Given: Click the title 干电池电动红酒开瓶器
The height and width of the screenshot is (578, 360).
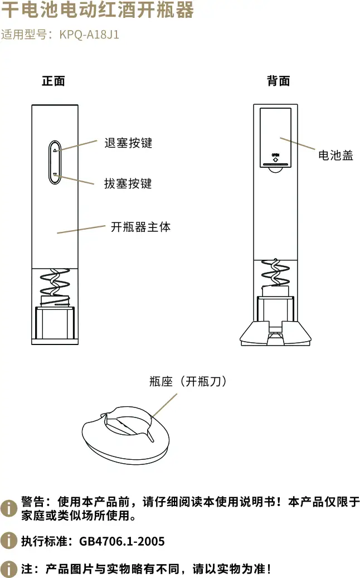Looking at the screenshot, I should [x=97, y=9].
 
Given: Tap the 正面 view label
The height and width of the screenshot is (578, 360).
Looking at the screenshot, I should [x=53, y=81].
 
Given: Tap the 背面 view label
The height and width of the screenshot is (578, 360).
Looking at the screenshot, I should [x=278, y=81].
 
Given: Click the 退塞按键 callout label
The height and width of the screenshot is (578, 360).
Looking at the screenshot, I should [x=128, y=143].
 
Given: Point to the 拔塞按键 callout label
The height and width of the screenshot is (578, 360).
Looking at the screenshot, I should [x=128, y=183].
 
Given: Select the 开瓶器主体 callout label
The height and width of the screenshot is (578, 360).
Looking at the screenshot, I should [x=140, y=227].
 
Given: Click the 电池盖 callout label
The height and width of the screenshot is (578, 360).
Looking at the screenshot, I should [x=335, y=156].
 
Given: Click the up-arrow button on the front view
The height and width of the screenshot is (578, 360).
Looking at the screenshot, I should [x=55, y=149].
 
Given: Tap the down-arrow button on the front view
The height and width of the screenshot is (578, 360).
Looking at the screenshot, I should [x=55, y=175].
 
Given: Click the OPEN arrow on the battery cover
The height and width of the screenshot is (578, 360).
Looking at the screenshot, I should [x=275, y=158].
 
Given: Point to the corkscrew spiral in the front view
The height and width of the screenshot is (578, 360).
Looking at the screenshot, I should [x=55, y=284].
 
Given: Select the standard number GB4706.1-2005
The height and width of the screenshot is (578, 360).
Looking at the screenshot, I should [x=122, y=541].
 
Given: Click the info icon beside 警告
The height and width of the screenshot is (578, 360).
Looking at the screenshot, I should [x=8, y=508].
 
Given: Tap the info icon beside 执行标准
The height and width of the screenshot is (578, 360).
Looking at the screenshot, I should [x=8, y=541].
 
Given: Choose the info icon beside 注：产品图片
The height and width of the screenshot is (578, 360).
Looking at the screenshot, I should [x=8, y=569].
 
